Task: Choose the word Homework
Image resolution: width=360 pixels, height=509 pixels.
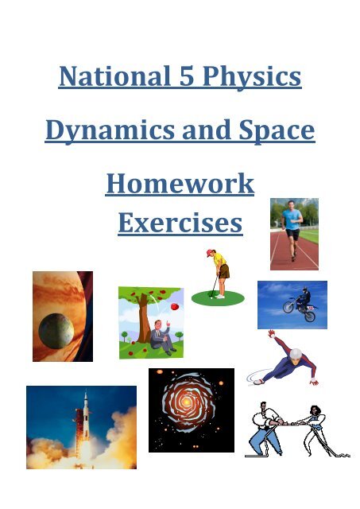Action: pos(180,184)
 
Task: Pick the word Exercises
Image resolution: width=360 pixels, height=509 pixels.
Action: pos(180,223)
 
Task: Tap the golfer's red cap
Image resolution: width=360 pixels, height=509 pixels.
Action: pos(210,254)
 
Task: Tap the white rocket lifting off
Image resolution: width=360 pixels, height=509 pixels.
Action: pos(80,429)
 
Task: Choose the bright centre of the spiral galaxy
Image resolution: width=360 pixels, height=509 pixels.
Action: pos(191,408)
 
